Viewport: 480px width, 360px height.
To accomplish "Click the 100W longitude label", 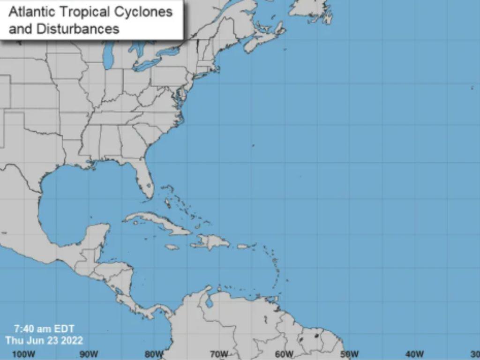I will coord(23,354).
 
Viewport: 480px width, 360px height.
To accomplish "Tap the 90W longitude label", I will coord(89,354).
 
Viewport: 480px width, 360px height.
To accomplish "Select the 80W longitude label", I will coord(154,354).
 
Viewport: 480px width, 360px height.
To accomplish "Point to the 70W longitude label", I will coord(219,354).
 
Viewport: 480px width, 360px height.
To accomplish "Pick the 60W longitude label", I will coord(284,354).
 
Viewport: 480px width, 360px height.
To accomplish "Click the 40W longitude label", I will coord(414,354).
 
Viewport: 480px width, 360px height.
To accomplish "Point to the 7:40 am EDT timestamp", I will coord(44,329).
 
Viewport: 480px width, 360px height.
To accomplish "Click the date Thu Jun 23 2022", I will coord(44,340).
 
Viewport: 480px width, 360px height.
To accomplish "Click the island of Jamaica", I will coord(172,247).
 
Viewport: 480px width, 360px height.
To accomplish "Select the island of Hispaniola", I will coord(211,242).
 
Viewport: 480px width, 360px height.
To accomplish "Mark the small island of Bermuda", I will coord(253,145).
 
